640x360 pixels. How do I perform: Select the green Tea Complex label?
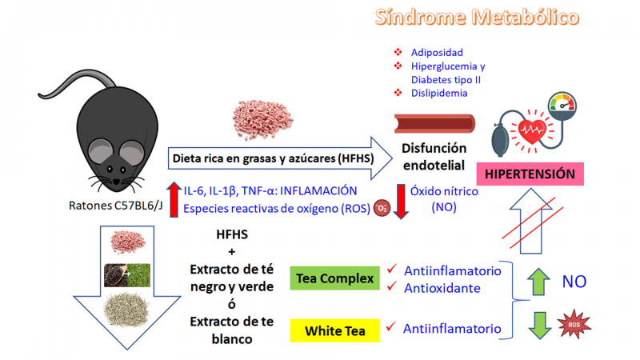pos(335,278)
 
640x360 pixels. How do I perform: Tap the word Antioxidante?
pos(442,287)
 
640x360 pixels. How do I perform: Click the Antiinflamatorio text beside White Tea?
pos(452,329)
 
